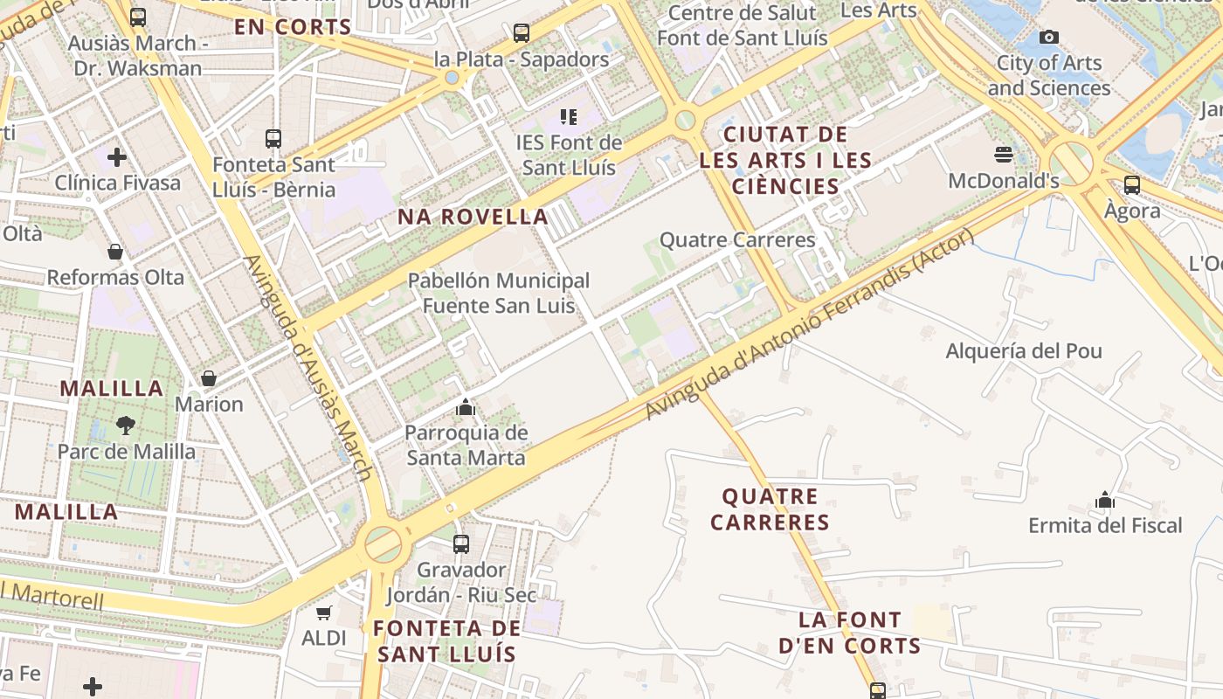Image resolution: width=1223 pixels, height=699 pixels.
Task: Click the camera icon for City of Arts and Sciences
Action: pyautogui.click(x=1049, y=37)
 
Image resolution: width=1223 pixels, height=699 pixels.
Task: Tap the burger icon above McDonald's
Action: pyautogui.click(x=1004, y=155)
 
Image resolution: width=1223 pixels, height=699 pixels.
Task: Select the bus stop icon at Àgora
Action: pyautogui.click(x=1132, y=184)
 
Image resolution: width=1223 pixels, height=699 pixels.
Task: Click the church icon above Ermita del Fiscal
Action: pyautogui.click(x=1105, y=500)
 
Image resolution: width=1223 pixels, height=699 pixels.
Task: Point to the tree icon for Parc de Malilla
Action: pyautogui.click(x=126, y=426)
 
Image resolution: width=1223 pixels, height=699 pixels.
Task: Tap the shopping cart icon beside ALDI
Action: pyautogui.click(x=324, y=613)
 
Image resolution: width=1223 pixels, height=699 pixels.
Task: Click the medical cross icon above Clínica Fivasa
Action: pyautogui.click(x=117, y=157)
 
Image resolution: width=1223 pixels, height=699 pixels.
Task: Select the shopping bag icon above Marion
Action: pyautogui.click(x=209, y=378)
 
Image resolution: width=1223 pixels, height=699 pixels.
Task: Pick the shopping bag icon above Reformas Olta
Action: pyautogui.click(x=115, y=252)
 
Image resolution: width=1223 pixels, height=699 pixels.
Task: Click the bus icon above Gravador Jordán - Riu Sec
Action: pyautogui.click(x=461, y=543)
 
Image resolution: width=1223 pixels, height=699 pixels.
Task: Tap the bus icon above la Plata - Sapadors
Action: pyautogui.click(x=522, y=33)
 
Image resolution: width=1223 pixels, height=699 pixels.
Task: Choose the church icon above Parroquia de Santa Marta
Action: pyautogui.click(x=466, y=407)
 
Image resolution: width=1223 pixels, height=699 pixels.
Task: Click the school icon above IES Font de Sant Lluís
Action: pyautogui.click(x=569, y=116)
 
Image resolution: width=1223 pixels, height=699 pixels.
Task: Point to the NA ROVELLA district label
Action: pyautogui.click(x=473, y=217)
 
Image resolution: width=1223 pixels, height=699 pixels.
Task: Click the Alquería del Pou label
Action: pyautogui.click(x=1024, y=351)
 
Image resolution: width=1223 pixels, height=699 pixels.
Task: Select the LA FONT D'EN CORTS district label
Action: pyautogui.click(x=849, y=633)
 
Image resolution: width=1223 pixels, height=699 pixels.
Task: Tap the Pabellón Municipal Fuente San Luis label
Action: pyautogui.click(x=499, y=293)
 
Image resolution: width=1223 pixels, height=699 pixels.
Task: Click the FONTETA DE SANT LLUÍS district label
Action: pyautogui.click(x=446, y=640)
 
